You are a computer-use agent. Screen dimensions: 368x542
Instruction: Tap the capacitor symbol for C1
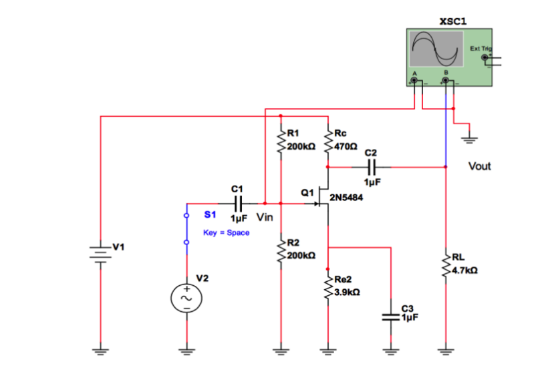239,202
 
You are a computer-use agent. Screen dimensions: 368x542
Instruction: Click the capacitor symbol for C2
372,167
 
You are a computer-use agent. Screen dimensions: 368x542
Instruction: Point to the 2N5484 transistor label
347,198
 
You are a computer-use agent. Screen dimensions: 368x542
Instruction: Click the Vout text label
479,166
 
